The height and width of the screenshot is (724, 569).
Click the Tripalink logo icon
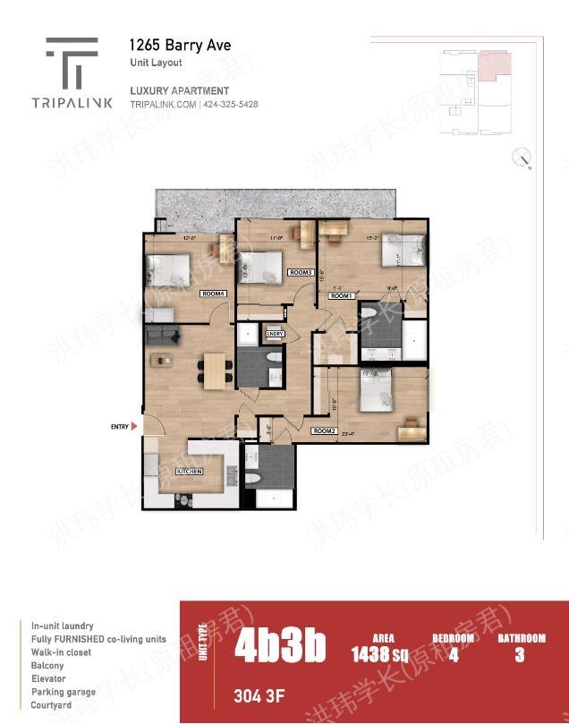(x=72, y=61)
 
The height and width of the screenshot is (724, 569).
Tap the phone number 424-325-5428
(x=231, y=105)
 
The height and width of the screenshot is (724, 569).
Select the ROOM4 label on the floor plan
(x=213, y=294)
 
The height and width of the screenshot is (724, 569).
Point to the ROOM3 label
(x=300, y=272)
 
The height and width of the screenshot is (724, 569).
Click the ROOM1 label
(x=344, y=295)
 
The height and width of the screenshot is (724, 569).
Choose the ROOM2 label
(x=324, y=431)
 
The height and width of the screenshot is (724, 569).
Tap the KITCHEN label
(x=189, y=471)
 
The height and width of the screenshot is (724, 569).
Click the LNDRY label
(x=275, y=334)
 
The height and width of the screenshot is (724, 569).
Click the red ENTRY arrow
(x=134, y=427)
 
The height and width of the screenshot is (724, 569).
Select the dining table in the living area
(x=216, y=369)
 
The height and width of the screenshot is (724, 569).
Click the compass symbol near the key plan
(x=521, y=158)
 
